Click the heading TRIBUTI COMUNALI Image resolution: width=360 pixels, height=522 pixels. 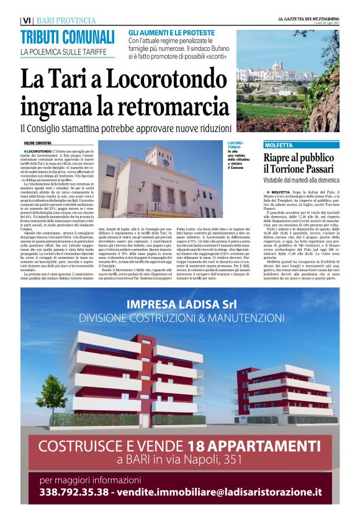coord(67,36)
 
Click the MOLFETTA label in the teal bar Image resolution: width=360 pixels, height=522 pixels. coord(279,145)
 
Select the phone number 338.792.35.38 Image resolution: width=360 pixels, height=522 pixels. coord(74,492)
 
